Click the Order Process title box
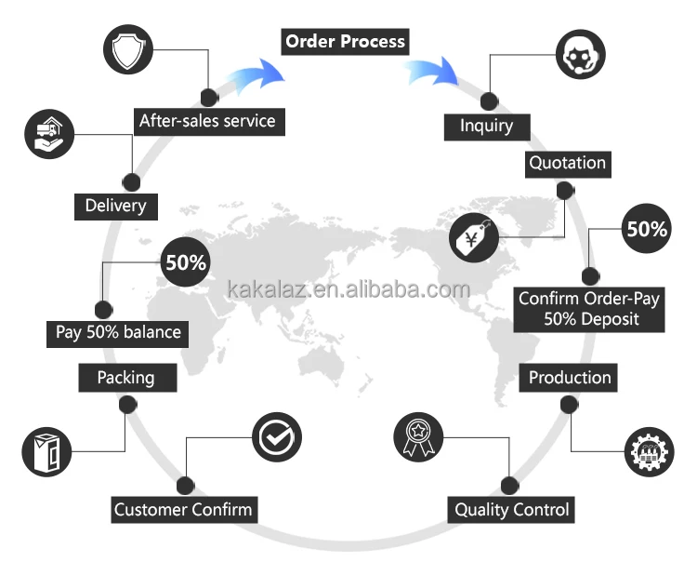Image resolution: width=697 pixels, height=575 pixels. (345, 42)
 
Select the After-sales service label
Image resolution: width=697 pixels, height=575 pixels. (206, 121)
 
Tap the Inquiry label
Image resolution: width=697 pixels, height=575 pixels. (486, 126)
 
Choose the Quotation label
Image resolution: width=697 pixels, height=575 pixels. (567, 164)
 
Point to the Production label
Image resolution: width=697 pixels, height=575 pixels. (570, 378)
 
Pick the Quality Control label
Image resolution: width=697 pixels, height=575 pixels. (511, 510)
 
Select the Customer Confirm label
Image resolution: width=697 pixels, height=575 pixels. (183, 510)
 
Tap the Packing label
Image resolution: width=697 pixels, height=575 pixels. (125, 378)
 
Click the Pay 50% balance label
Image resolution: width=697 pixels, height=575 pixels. (114, 332)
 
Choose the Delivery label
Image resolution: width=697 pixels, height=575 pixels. (115, 206)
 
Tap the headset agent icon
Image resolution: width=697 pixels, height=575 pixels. (581, 55)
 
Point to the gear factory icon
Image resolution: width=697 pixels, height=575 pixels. (648, 451)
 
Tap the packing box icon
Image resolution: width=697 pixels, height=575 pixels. (46, 452)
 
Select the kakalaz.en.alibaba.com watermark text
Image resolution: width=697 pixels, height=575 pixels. (348, 289)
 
